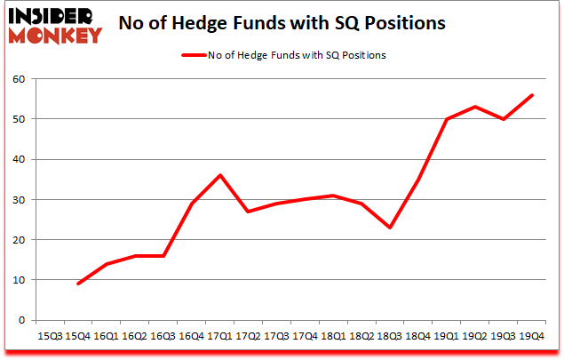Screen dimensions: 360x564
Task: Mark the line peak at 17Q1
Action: (x=220, y=175)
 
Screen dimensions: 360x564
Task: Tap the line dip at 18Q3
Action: (x=388, y=228)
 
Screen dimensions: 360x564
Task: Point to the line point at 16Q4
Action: (x=192, y=204)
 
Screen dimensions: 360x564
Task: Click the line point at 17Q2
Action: (x=248, y=212)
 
